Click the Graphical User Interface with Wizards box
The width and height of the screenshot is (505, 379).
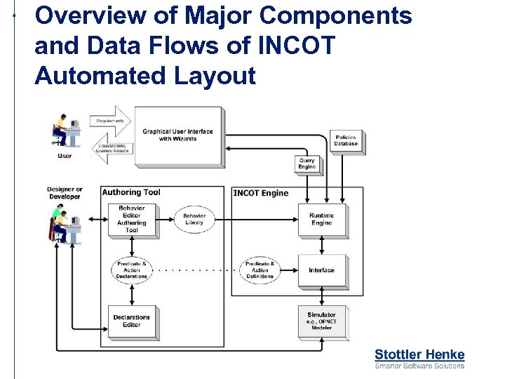coord(177,135)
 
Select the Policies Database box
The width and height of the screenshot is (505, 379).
coord(345,140)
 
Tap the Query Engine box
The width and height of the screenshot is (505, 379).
coord(307,164)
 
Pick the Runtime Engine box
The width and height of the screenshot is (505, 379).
coord(321,220)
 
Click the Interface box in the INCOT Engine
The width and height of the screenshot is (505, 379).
coord(321,270)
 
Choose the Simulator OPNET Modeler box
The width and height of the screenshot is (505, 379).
coord(321,321)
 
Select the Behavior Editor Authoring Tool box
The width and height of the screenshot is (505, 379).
coord(131,220)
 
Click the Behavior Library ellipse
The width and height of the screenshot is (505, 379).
coord(194,219)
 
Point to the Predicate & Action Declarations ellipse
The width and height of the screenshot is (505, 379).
coord(131,270)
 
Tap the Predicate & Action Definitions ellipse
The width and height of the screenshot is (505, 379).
coord(260,270)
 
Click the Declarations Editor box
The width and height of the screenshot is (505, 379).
coord(131,321)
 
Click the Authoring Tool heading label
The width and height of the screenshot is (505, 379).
coord(131,192)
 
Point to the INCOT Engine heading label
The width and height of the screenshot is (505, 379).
coord(260,193)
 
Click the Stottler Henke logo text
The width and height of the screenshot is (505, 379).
coord(419,354)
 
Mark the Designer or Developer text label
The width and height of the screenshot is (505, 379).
coord(65,193)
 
